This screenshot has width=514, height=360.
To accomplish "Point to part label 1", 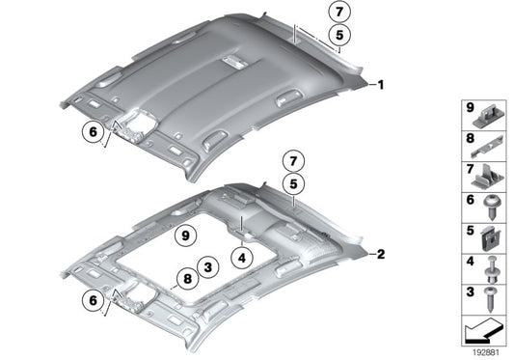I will [x=381, y=85].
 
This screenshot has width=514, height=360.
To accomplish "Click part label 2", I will [x=381, y=255].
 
